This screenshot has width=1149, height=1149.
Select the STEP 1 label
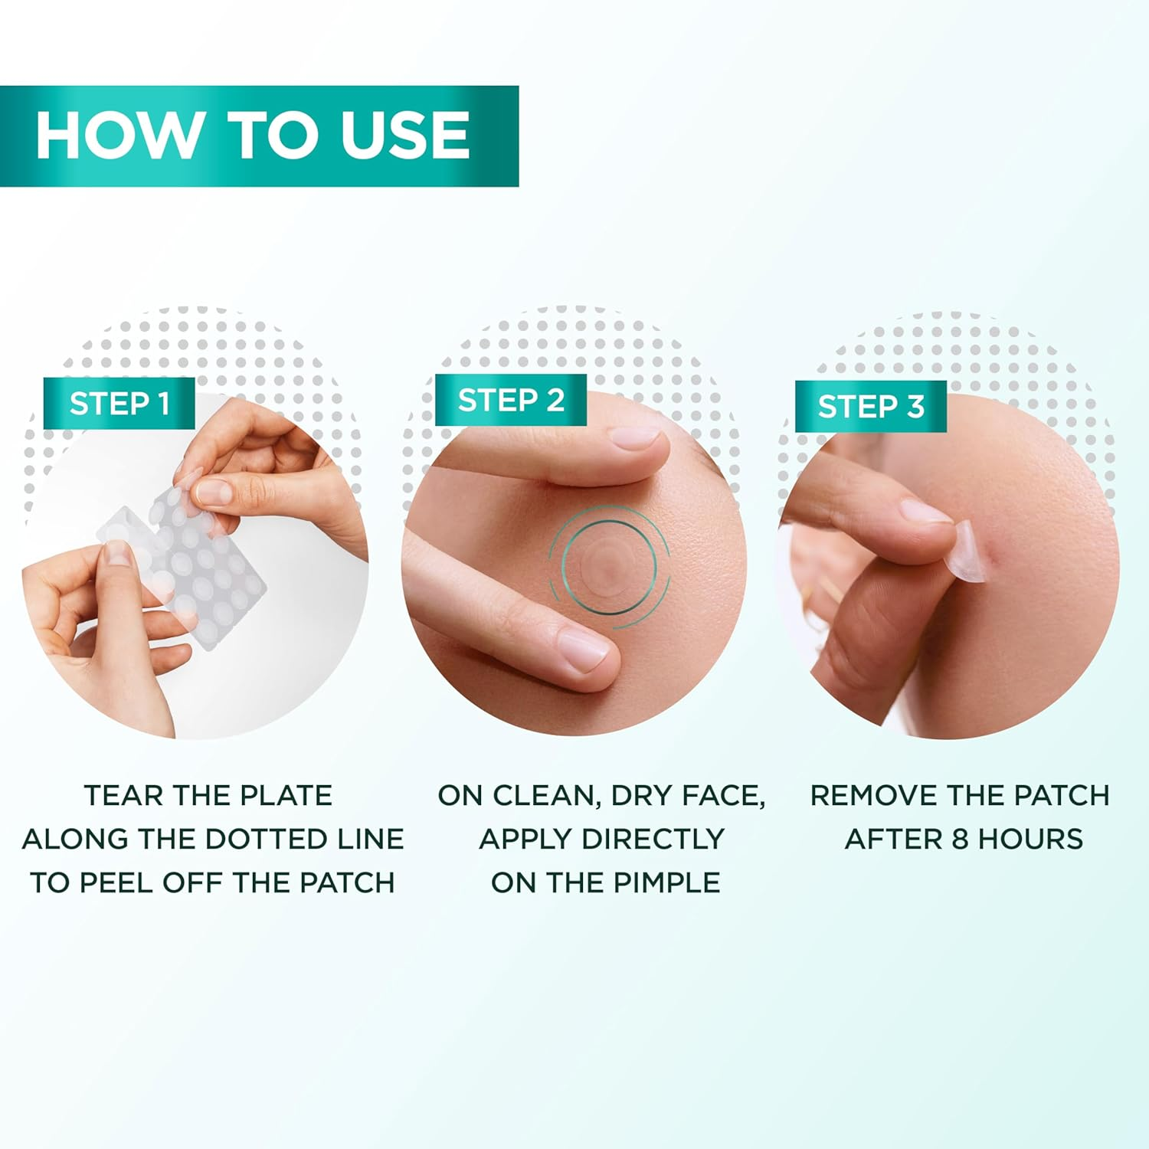(x=119, y=404)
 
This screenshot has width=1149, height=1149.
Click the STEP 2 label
(x=511, y=400)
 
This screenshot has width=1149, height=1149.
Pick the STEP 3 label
(x=871, y=407)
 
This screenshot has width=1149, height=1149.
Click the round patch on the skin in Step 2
(x=609, y=565)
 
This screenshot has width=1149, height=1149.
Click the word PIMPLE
(x=666, y=883)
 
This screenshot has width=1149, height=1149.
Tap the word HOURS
(x=1030, y=840)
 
